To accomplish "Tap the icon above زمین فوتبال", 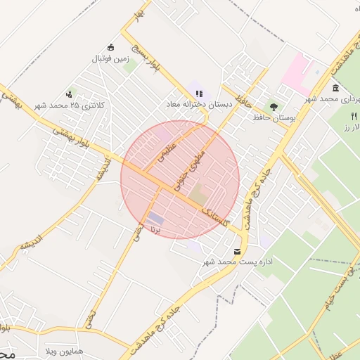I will click(110, 46).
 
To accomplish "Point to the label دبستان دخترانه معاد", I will click(199, 104).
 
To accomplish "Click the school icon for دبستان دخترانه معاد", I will click(199, 92).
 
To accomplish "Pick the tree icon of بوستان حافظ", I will click(273, 105).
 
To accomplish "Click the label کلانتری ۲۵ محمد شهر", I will click(70, 105).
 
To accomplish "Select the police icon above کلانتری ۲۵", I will click(69, 93).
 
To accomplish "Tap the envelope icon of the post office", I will click(236, 250).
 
